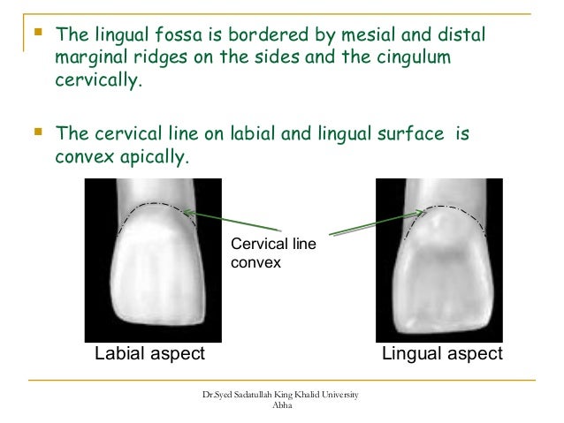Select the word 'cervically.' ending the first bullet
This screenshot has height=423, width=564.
[97, 83]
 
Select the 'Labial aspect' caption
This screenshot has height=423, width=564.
[149, 353]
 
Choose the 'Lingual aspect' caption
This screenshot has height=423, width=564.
[441, 353]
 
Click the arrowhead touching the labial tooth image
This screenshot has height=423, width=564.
[188, 212]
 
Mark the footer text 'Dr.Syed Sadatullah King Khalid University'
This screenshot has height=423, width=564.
[281, 393]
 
